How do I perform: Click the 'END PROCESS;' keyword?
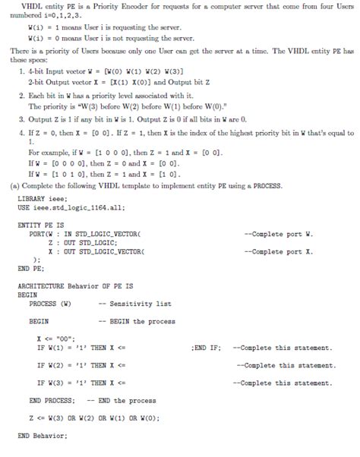tap(52, 400)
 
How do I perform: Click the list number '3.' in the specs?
tap(21, 120)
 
